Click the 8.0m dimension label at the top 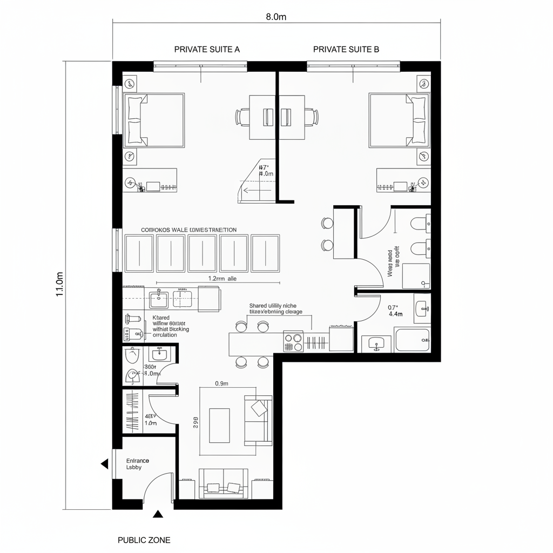click(276, 17)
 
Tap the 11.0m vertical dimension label click(60, 284)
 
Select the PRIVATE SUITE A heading click(207, 49)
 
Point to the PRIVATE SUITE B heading click(346, 49)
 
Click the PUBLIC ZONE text click(144, 539)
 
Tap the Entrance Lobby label click(137, 464)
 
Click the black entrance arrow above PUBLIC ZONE click(158, 514)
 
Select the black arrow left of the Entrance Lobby click(104, 463)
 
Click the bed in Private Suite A click(154, 120)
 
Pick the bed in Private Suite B click(400, 120)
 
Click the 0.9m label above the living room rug click(222, 383)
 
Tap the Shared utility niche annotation click(275, 308)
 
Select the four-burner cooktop click(293, 341)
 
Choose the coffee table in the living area click(219, 421)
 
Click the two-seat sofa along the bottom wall click(224, 483)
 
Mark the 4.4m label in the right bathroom click(396, 313)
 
